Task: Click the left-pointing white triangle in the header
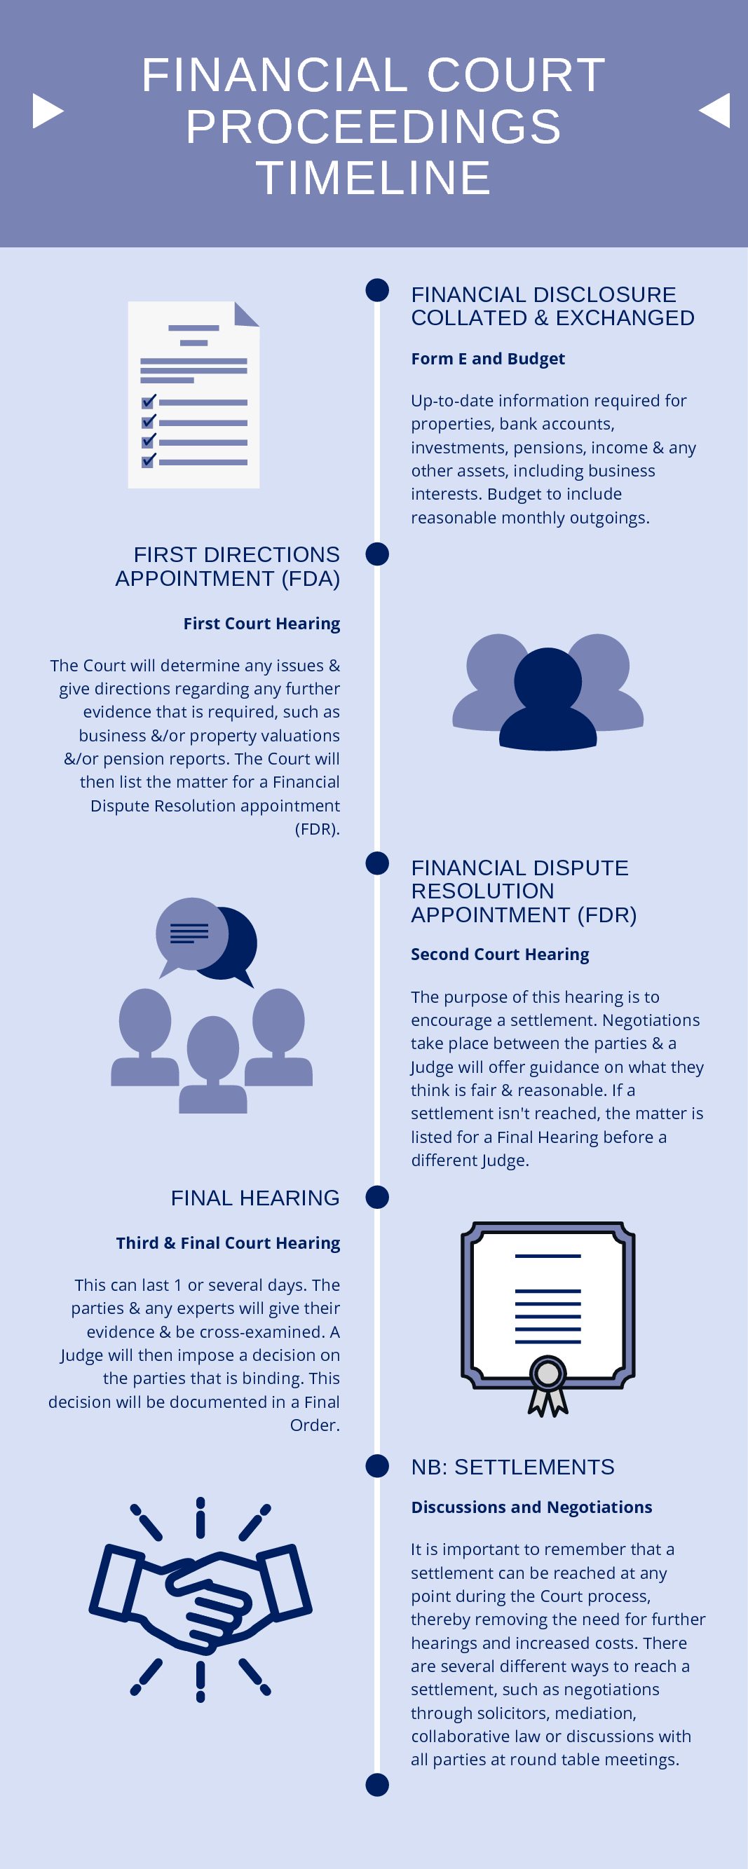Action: point(714,110)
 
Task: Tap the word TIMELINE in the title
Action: point(374,178)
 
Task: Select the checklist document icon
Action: point(193,395)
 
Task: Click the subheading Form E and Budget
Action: point(487,358)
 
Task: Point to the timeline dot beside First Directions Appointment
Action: point(377,554)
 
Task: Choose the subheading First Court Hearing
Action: point(261,623)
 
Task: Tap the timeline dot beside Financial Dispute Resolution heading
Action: point(377,863)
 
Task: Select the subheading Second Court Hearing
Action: point(500,954)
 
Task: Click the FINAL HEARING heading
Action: point(255,1198)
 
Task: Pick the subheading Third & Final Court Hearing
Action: point(228,1243)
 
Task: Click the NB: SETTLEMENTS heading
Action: point(512,1467)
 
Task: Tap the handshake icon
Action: point(200,1599)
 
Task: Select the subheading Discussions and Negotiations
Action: point(531,1507)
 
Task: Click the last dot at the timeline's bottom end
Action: point(377,1785)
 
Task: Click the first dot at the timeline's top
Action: point(377,290)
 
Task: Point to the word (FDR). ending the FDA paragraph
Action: point(318,828)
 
